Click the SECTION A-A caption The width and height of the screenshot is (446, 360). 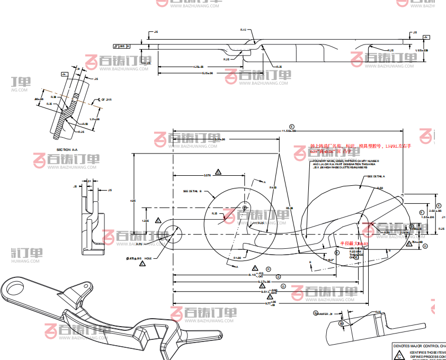click(x=70, y=150)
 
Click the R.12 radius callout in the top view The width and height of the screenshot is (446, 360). click(x=243, y=30)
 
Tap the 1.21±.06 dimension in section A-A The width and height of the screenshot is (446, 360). click(x=95, y=119)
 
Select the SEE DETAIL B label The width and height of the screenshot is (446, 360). click(x=193, y=191)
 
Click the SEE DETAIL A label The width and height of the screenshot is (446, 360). click(x=376, y=176)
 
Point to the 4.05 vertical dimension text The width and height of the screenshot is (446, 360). click(x=133, y=201)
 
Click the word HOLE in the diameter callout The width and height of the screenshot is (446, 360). click(x=148, y=258)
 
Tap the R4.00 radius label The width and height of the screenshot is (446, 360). click(x=273, y=187)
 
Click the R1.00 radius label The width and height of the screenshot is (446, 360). click(x=237, y=257)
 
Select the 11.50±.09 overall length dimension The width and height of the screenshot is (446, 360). click(x=288, y=131)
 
